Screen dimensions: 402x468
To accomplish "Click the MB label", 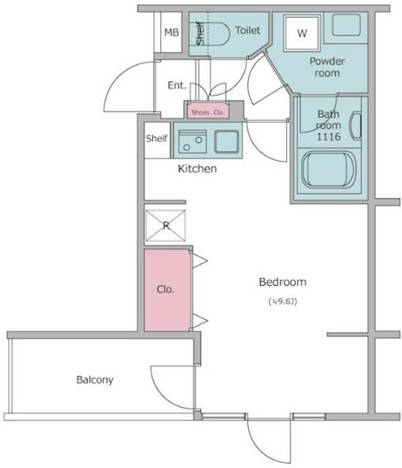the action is tap(171, 32).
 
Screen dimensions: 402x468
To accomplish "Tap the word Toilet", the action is tap(247, 30).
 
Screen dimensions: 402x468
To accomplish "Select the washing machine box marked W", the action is tap(302, 33).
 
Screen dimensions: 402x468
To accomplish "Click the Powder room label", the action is tap(327, 67).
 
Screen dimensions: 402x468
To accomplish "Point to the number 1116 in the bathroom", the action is tap(329, 137).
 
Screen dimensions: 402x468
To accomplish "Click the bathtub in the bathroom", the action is tap(329, 170).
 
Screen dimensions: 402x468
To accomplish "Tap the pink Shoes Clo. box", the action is tap(208, 112).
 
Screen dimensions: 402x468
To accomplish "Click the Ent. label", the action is tap(177, 86).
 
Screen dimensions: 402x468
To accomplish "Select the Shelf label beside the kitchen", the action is tap(157, 138).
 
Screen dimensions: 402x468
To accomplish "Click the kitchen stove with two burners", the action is tap(193, 142).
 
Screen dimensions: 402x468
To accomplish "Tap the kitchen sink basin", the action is tap(226, 142).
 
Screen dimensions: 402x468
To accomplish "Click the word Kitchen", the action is tap(197, 169).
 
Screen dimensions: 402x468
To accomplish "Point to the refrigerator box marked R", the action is tap(165, 225).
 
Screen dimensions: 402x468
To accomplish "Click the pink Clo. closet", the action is tap(168, 290).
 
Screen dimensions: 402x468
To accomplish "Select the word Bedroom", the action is tap(283, 282).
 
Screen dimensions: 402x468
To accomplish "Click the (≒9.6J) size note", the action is tap(283, 301).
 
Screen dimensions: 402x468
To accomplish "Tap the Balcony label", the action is tap(94, 380).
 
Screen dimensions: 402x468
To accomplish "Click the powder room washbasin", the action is tap(346, 25).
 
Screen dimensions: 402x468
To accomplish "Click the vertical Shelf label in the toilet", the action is tap(200, 33).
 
